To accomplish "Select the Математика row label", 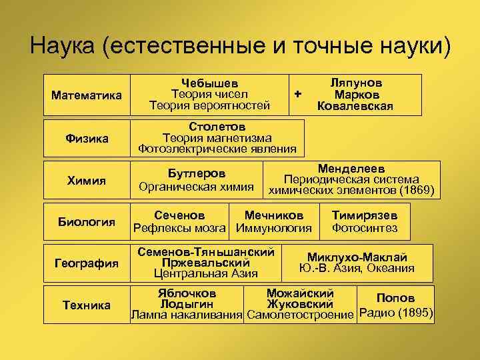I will pyautogui.click(x=87, y=95).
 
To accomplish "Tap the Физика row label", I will pyautogui.click(x=87, y=139).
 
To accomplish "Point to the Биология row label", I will pyautogui.click(x=87, y=222).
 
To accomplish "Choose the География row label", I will pyautogui.click(x=87, y=263).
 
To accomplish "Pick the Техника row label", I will pyautogui.click(x=87, y=305).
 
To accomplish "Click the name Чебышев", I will pyautogui.click(x=209, y=83).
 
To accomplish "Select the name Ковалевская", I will pyautogui.click(x=355, y=105).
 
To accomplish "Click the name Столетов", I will pyautogui.click(x=217, y=126).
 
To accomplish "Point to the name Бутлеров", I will pyautogui.click(x=196, y=173).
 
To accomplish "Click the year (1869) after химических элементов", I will pyautogui.click(x=417, y=191).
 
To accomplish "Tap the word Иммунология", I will pyautogui.click(x=274, y=229).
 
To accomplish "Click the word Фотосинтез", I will pyautogui.click(x=365, y=229).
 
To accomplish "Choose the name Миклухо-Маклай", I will pyautogui.click(x=357, y=257).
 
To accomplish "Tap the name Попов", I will pyautogui.click(x=395, y=298).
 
